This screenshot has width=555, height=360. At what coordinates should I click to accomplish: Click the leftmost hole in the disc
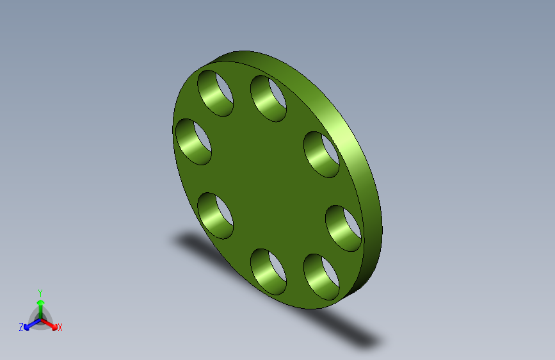click(x=193, y=142)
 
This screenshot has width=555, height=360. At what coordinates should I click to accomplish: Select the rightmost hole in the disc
click(x=343, y=228)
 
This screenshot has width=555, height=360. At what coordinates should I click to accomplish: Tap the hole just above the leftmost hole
click(x=215, y=93)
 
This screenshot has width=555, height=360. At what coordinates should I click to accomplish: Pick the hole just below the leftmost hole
click(x=215, y=215)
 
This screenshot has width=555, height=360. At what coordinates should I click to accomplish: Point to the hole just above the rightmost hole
click(x=321, y=154)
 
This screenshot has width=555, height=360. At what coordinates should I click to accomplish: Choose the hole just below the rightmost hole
click(x=321, y=277)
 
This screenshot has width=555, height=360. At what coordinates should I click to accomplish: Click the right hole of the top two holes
click(x=268, y=99)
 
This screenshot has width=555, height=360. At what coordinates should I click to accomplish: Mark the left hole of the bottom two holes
click(x=268, y=272)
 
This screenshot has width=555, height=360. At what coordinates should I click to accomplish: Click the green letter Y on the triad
click(x=40, y=293)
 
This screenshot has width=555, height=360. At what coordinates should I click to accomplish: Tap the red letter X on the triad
click(x=60, y=327)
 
